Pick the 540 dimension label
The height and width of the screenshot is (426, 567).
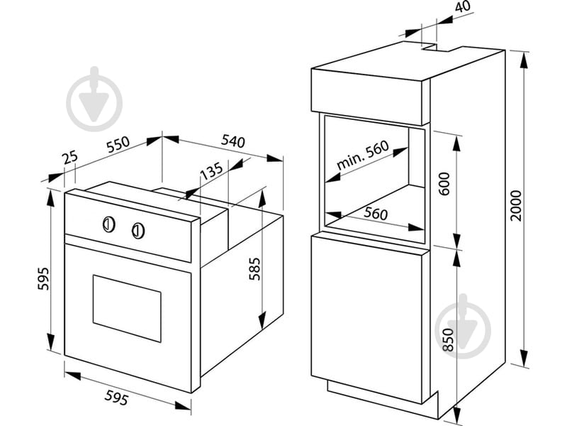tap(233, 141)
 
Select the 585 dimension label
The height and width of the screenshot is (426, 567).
tap(254, 270)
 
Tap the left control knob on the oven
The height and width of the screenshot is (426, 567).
tap(108, 224)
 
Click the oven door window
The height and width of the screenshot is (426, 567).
tap(127, 307)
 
